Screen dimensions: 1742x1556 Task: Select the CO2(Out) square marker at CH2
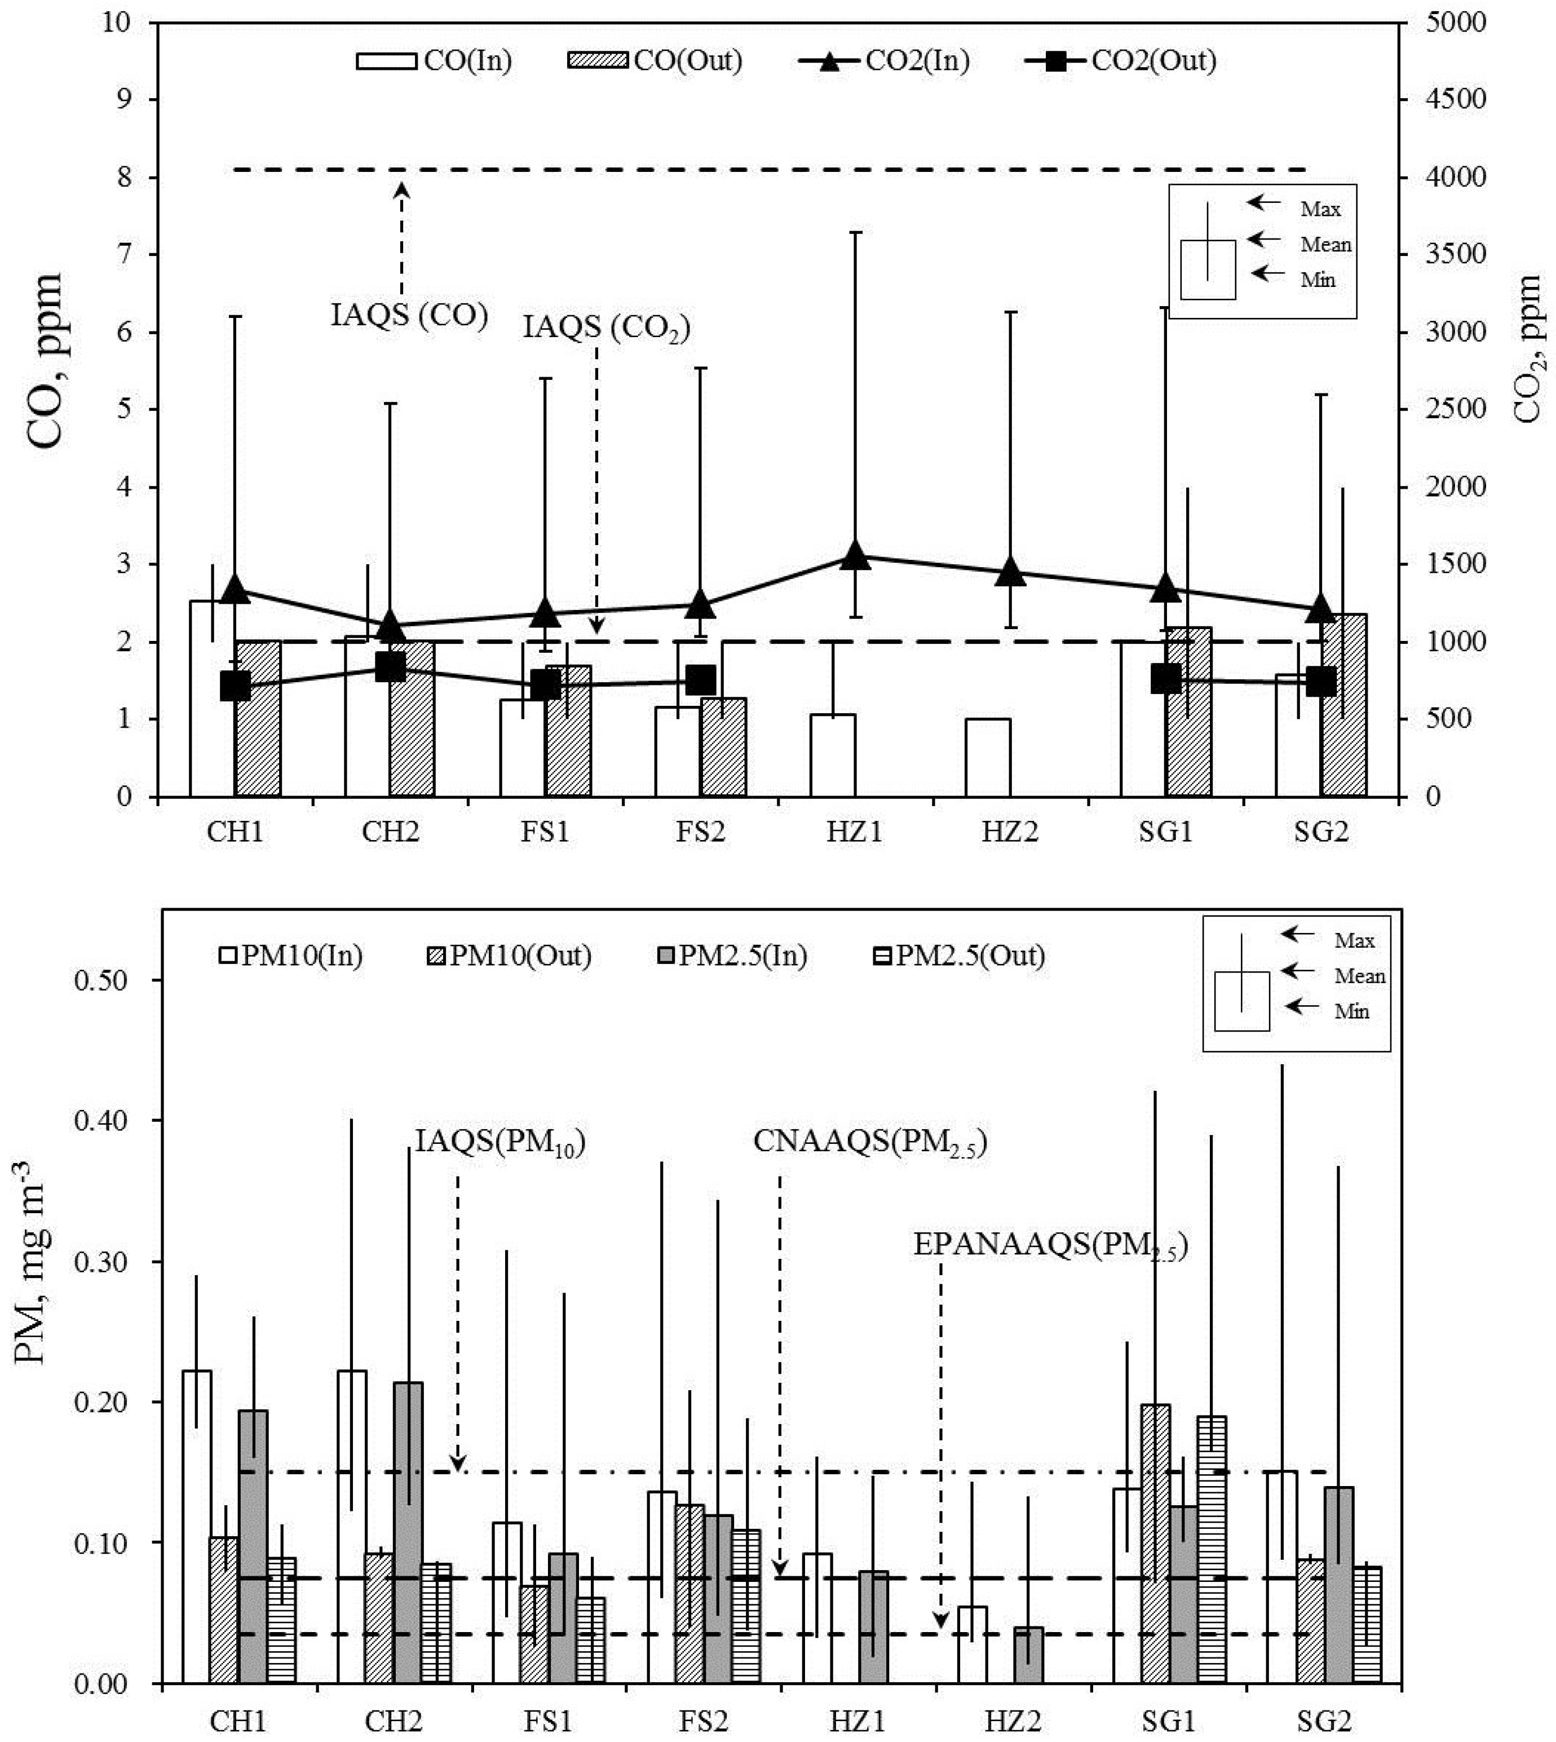[391, 667]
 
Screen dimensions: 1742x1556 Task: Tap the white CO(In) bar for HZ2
[988, 758]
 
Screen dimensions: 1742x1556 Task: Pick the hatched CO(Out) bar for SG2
[1344, 706]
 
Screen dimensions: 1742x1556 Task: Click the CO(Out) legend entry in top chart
[655, 61]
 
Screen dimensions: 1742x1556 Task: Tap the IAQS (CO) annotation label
[409, 315]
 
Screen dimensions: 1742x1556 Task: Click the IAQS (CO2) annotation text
[606, 328]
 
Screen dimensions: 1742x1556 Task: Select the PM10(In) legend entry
[291, 955]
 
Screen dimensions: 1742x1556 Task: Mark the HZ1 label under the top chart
[854, 832]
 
